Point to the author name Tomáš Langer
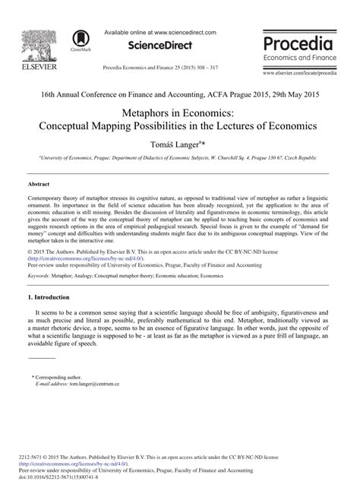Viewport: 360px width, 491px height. pyautogui.click(x=178, y=142)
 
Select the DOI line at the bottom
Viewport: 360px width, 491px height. pyautogui.click(x=65, y=479)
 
